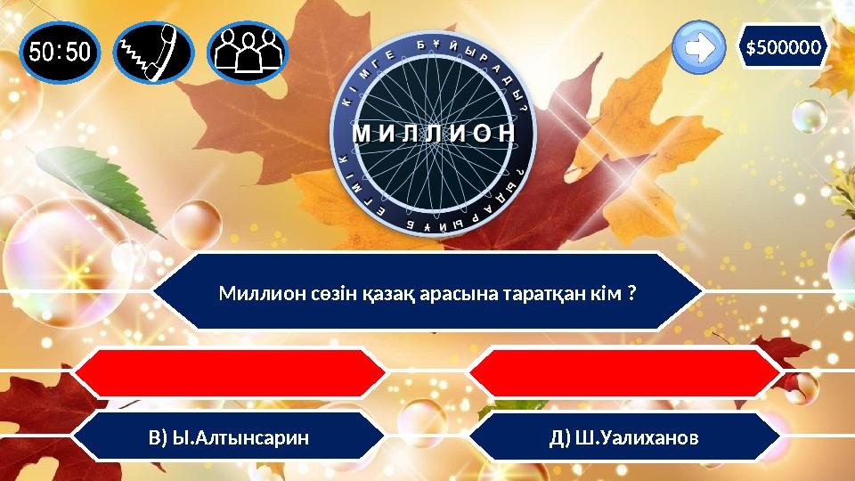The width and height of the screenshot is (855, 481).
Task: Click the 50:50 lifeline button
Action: tap(60, 52)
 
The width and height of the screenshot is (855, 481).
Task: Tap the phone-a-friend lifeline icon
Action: tap(154, 52)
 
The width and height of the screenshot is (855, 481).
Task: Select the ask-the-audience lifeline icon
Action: tap(248, 52)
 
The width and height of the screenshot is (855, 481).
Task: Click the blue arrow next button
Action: tap(700, 48)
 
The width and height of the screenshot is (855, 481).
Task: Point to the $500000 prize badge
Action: tap(784, 46)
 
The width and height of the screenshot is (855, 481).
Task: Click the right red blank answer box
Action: tap(624, 373)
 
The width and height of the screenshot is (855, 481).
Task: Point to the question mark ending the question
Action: tap(631, 293)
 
